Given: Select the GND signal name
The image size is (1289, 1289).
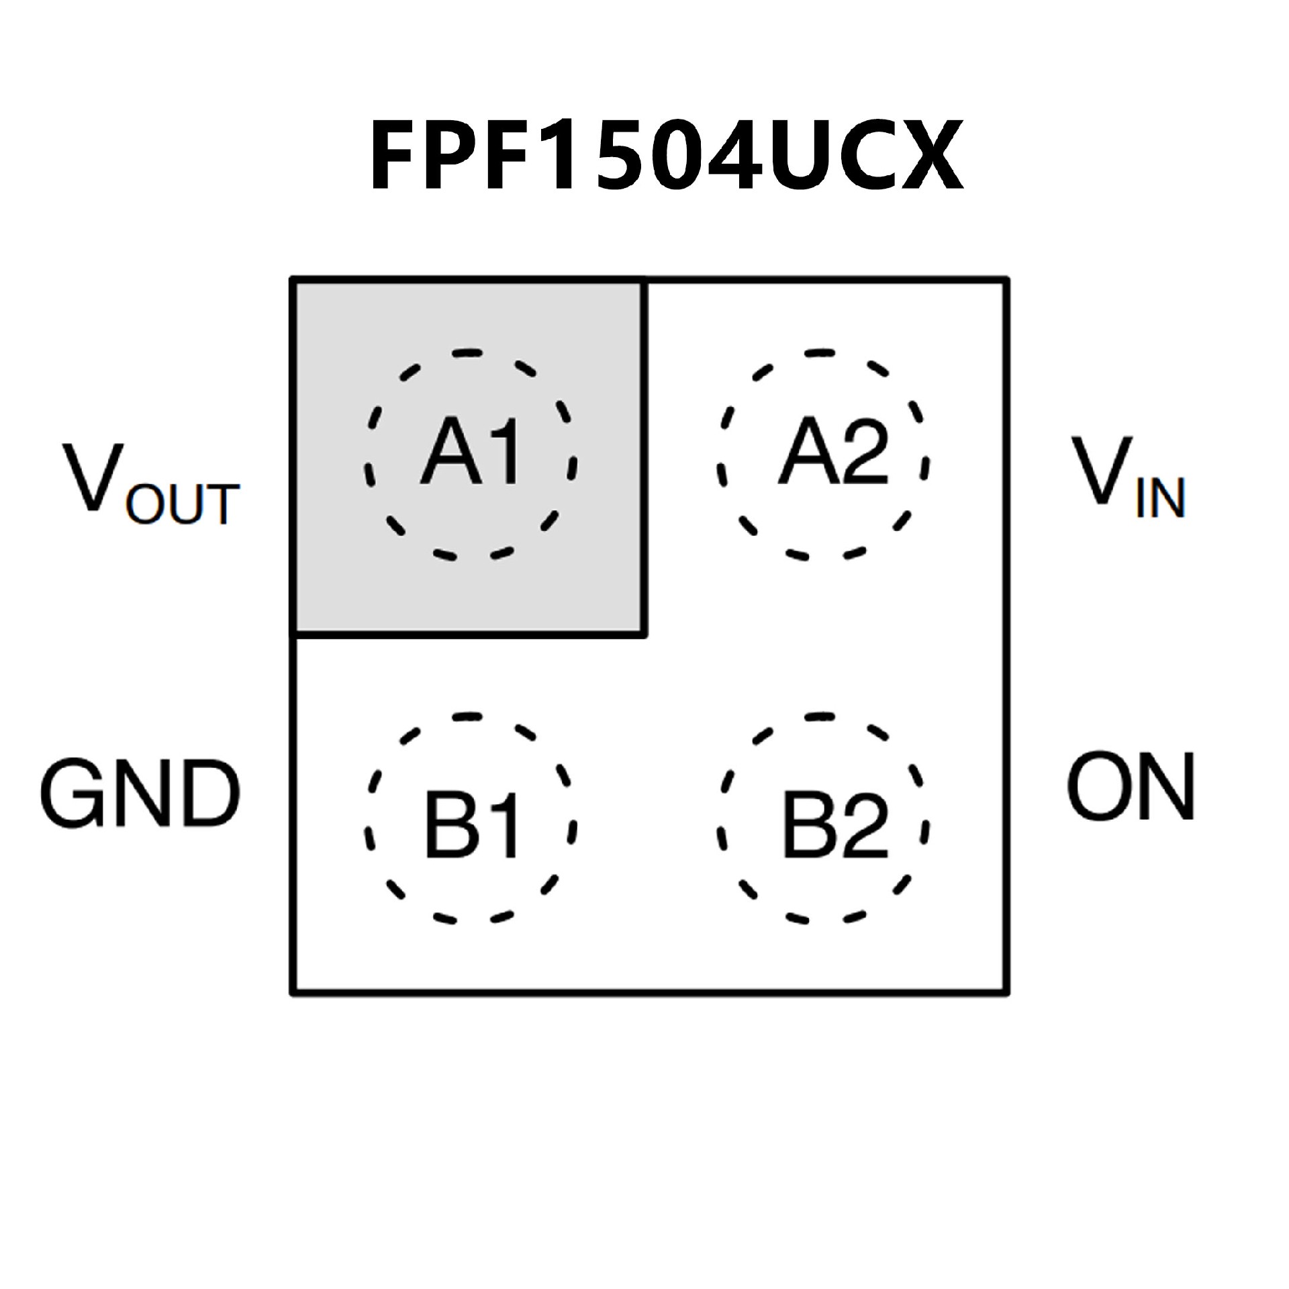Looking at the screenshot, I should point(140,794).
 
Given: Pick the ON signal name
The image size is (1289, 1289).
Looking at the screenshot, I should point(1131,787).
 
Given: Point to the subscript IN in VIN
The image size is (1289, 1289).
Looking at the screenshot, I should point(1161,497).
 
